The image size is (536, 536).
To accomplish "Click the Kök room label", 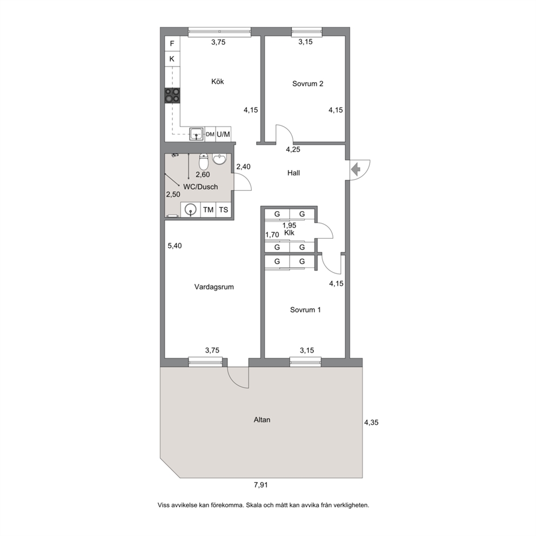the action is (217, 82).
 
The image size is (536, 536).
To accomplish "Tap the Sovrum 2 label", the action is (307, 84).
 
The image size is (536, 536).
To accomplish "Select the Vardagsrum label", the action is (214, 287).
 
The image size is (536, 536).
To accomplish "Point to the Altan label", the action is (262, 420).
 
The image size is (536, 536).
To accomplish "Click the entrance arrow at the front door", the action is (356, 169).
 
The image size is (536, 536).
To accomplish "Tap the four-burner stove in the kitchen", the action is (172, 96).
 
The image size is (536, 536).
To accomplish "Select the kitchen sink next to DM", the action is (197, 135).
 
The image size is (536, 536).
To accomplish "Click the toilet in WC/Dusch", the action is (204, 162).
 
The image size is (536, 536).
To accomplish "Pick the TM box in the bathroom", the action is (208, 210).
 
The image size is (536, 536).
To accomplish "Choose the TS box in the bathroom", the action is (223, 210).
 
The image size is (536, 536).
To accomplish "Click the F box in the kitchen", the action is (172, 43).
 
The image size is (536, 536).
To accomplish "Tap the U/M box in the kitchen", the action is (223, 135).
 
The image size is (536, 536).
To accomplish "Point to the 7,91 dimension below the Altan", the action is (261, 485).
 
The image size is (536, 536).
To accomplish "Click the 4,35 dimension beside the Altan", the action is (371, 423).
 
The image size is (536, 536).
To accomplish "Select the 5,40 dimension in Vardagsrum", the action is (175, 246).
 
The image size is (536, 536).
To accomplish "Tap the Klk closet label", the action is (289, 233).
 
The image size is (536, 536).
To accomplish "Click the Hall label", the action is (293, 173).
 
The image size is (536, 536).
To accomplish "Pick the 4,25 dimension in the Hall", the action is (293, 149).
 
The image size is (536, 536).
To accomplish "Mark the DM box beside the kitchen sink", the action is (210, 135).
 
